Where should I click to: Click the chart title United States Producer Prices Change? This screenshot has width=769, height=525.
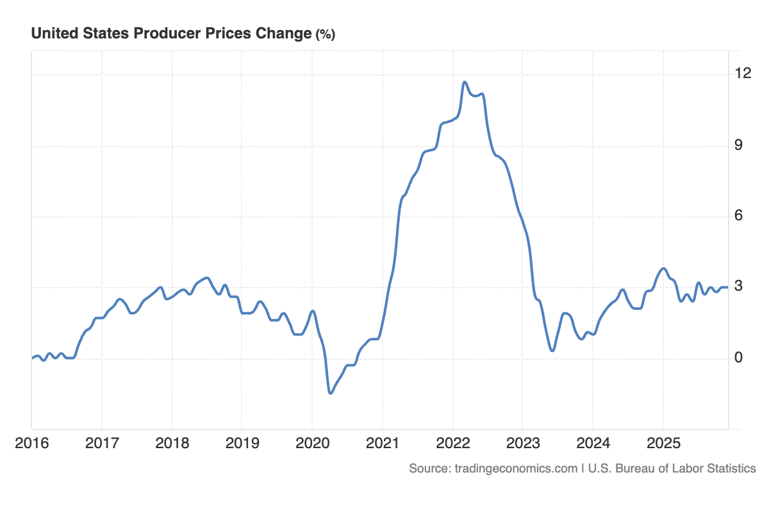click(171, 34)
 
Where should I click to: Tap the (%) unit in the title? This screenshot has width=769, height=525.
click(325, 35)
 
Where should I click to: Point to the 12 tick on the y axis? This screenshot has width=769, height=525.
click(743, 74)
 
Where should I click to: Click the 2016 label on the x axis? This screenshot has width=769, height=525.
click(32, 442)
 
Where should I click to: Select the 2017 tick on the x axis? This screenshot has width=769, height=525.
click(102, 442)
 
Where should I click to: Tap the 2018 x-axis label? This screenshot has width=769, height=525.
click(172, 442)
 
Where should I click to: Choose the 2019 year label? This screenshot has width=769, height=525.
click(242, 442)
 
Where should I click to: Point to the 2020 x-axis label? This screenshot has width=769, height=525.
click(312, 442)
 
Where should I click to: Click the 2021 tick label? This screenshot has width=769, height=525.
click(382, 442)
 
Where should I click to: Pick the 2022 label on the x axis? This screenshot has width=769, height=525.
click(452, 442)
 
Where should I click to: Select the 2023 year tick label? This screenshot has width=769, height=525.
click(522, 442)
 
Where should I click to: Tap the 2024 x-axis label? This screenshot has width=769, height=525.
click(592, 442)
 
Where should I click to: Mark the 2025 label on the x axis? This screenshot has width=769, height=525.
click(663, 442)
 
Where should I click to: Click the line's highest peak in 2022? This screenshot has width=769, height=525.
click(465, 82)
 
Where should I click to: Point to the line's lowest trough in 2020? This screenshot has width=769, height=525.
click(330, 392)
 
